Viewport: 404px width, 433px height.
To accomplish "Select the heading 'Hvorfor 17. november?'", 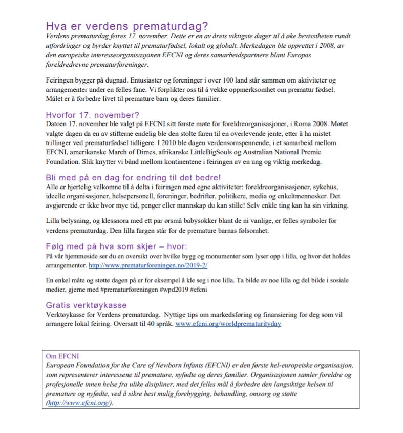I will click(92, 114).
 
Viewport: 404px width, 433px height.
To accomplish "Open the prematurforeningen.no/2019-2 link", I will click(148, 266).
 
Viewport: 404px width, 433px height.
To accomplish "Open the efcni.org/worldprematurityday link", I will click(228, 324).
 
